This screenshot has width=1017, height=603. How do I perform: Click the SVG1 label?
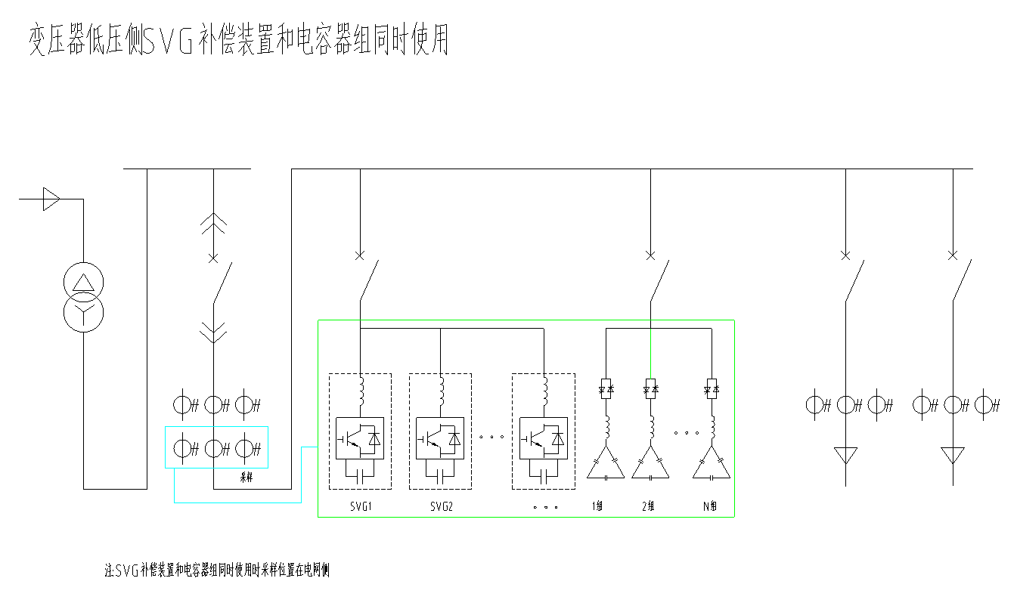click(x=360, y=506)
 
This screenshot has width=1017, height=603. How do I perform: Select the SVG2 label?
click(x=441, y=506)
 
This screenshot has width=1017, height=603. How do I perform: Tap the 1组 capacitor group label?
click(x=597, y=506)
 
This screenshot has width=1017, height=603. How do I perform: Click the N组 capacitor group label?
click(x=709, y=506)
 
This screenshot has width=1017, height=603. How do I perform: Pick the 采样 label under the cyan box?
click(x=246, y=477)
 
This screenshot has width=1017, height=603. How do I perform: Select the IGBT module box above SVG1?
click(x=360, y=438)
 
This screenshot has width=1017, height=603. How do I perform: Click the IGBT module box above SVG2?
click(x=441, y=438)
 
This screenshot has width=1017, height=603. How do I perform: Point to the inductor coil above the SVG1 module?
click(x=361, y=391)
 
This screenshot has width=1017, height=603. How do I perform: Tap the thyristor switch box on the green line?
click(x=650, y=388)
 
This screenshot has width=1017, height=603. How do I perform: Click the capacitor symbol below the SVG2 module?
click(x=441, y=475)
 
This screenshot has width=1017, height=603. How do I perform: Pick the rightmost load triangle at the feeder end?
click(x=953, y=455)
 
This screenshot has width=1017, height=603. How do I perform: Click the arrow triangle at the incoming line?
click(x=50, y=199)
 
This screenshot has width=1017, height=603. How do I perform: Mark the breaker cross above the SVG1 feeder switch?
click(x=360, y=255)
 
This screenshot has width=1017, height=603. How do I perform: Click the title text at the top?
click(x=239, y=39)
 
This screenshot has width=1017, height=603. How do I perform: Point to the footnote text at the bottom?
click(x=217, y=571)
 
